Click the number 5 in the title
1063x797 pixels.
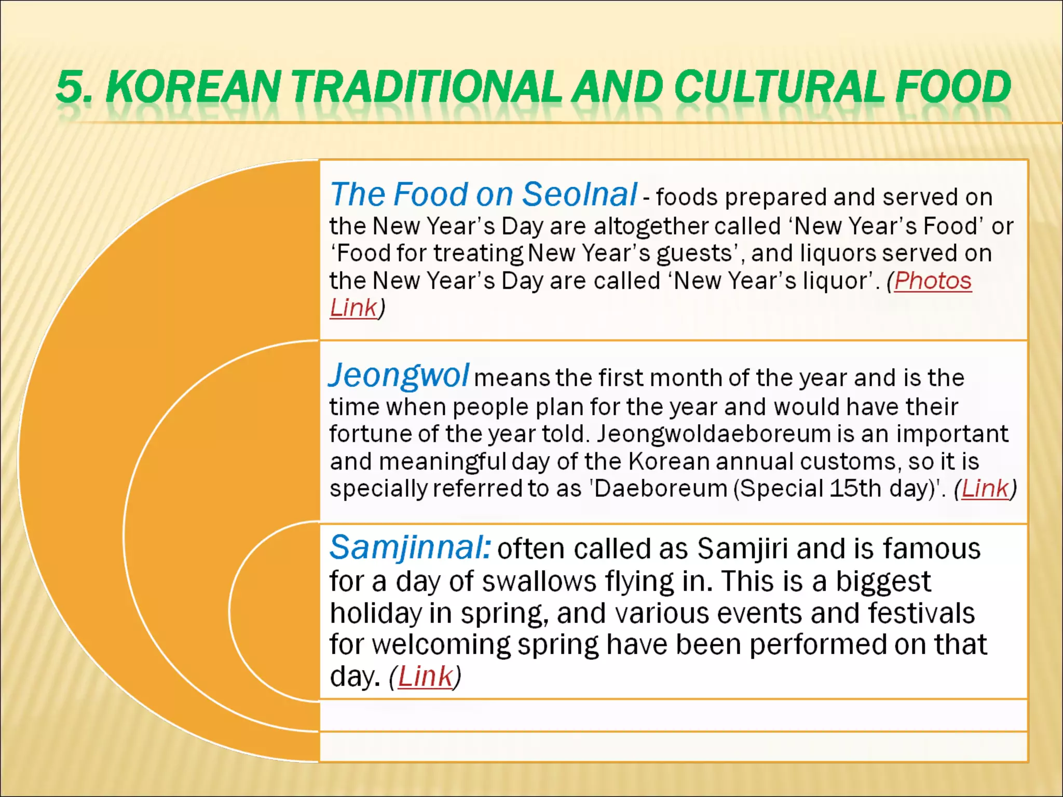coord(70,86)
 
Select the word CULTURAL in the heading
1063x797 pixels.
coord(779,86)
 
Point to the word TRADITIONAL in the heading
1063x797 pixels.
coord(427,86)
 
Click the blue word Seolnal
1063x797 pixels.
coord(579,195)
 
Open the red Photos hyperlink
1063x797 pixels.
coord(933,281)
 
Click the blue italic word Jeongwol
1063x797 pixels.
coord(399,375)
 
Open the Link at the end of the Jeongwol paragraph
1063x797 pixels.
coord(985,488)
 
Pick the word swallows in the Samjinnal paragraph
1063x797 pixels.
coord(539,581)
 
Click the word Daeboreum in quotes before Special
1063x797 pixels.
coord(661,488)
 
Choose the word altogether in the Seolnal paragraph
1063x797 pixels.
coord(651,226)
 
